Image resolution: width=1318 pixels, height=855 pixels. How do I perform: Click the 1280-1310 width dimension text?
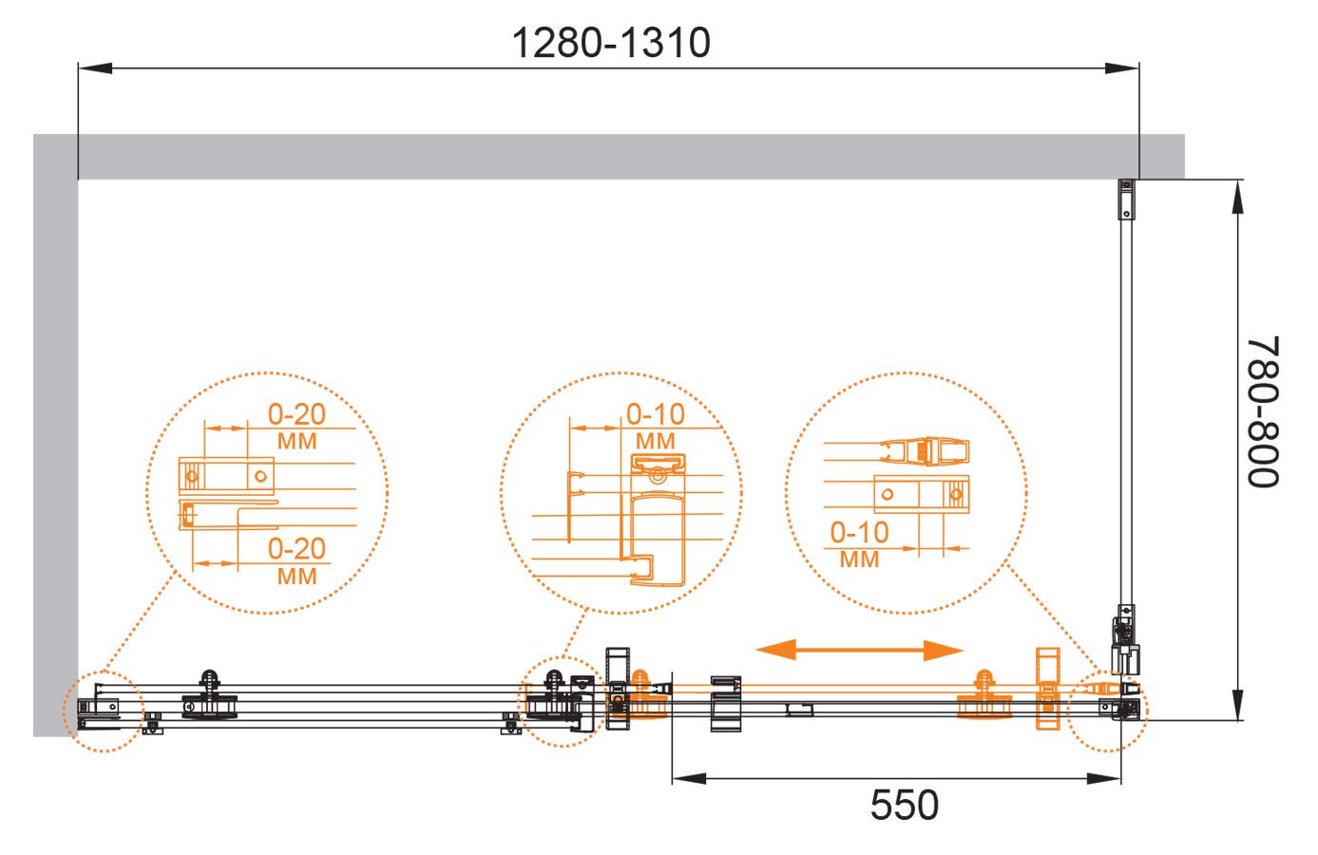click(611, 43)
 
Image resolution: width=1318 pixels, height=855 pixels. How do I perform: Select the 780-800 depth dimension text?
click(1263, 412)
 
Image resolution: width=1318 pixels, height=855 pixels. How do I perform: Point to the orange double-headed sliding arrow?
click(859, 650)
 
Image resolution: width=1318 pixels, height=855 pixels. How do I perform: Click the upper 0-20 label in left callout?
click(296, 414)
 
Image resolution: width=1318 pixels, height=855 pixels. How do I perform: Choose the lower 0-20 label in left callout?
click(296, 549)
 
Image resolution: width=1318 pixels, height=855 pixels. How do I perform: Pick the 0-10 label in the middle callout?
click(656, 414)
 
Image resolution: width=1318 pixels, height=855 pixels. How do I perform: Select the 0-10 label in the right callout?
click(859, 533)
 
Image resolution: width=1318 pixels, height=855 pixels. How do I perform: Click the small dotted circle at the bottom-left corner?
click(64, 712)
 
